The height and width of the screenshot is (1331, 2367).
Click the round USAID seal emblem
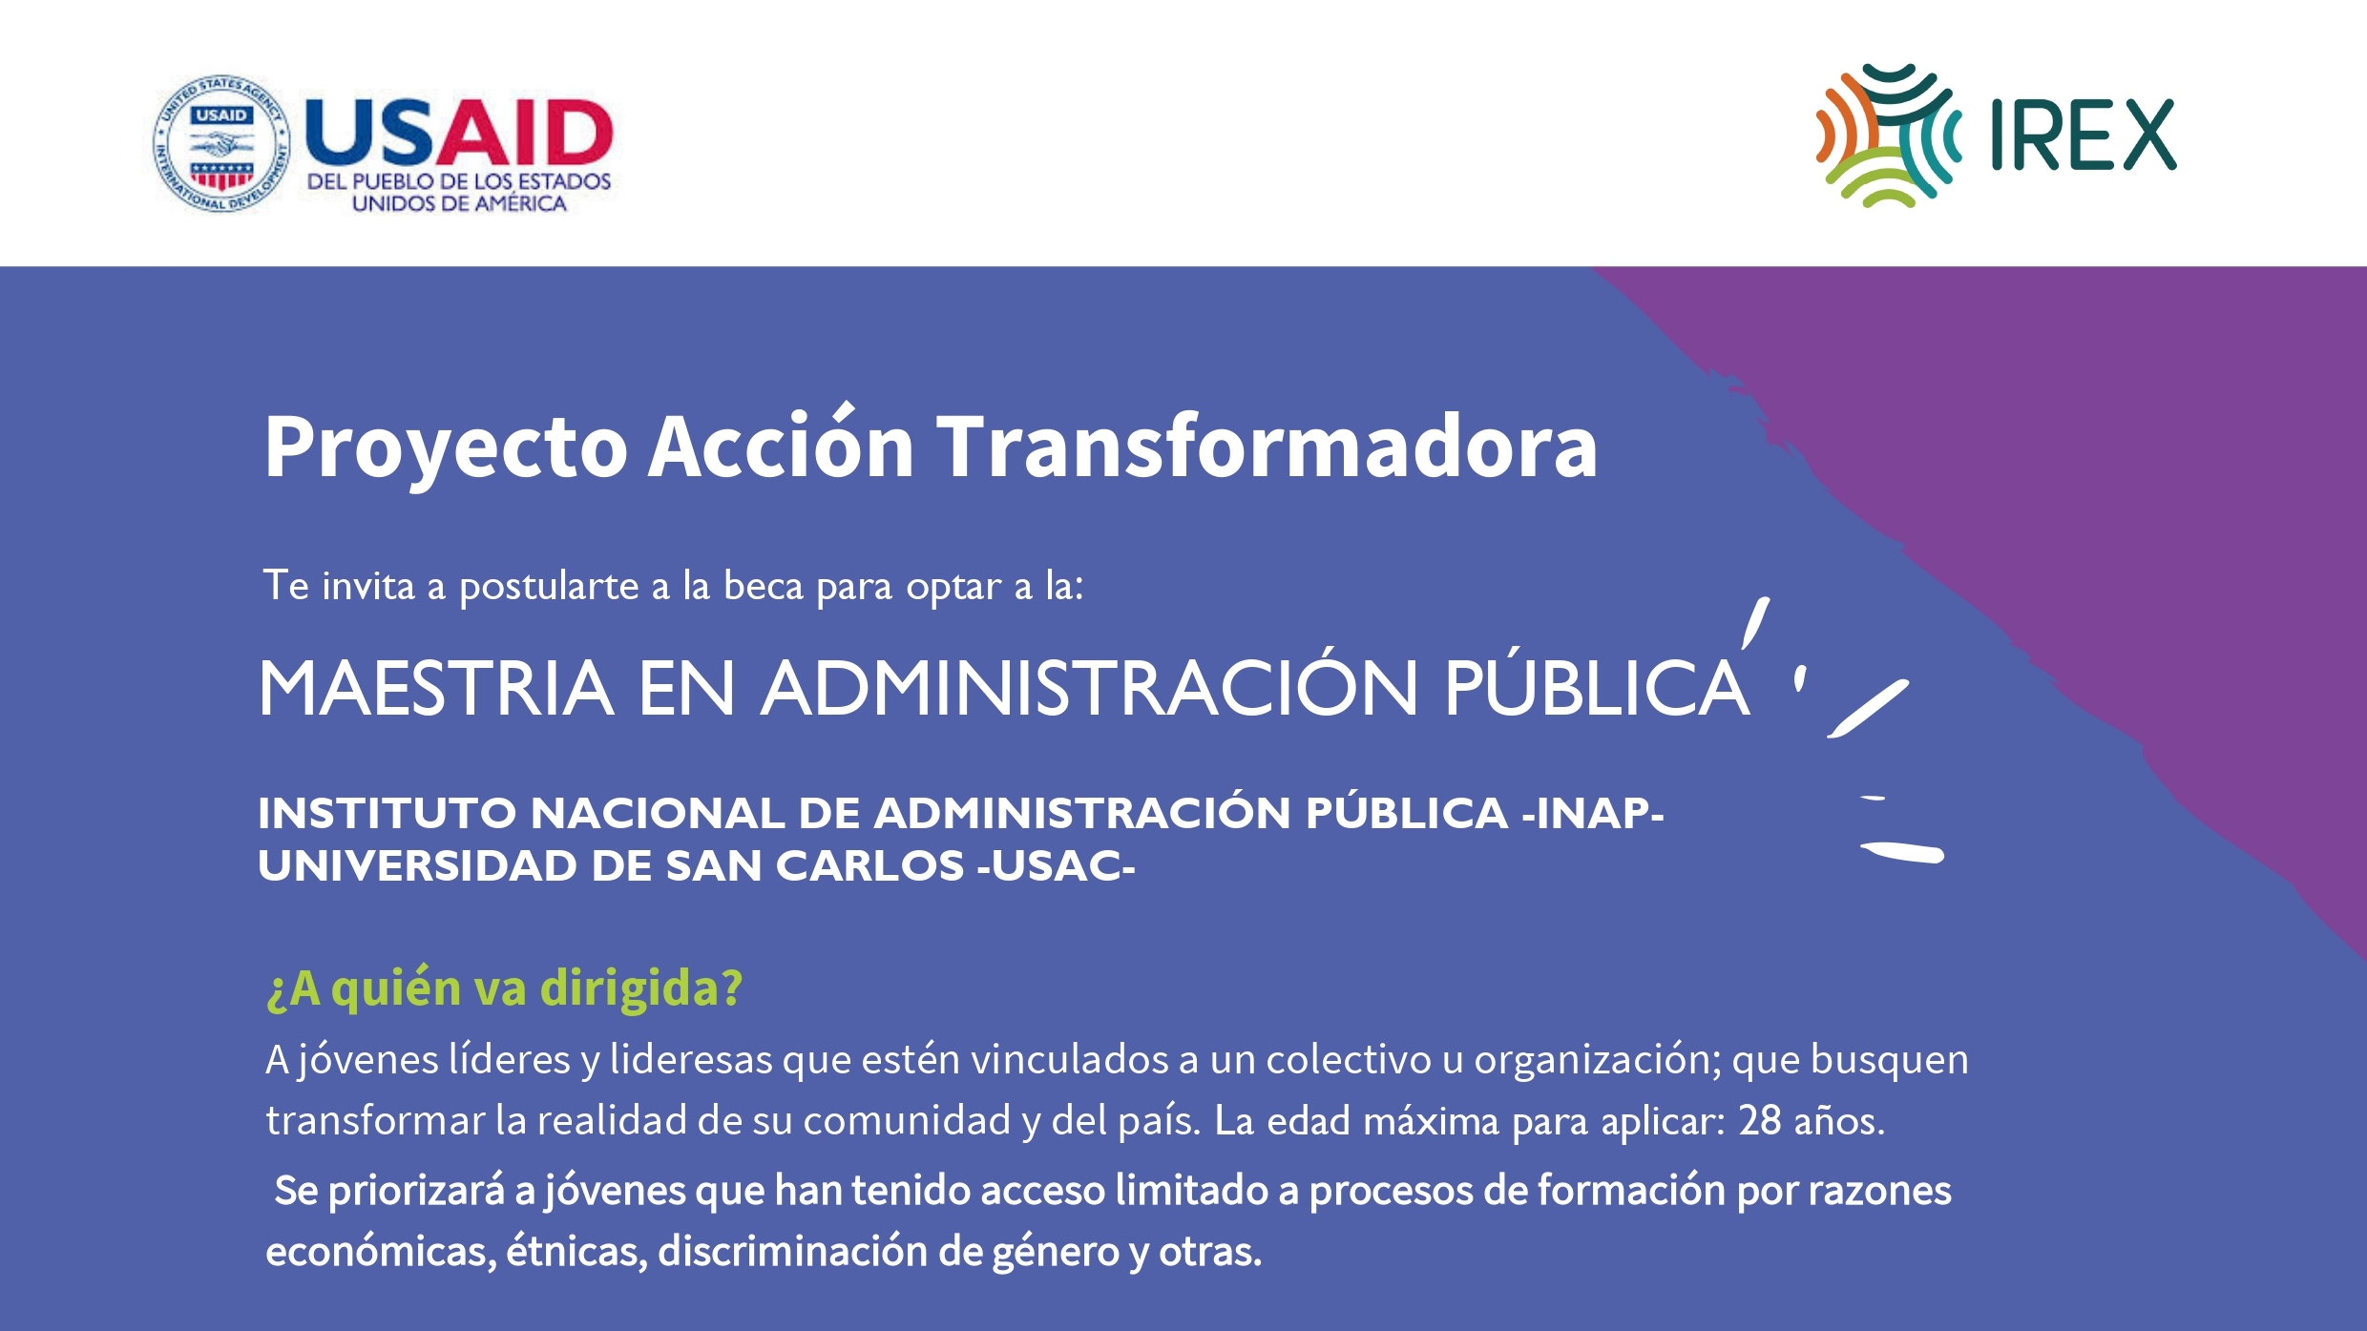(221, 143)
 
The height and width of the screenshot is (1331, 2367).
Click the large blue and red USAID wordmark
(458, 132)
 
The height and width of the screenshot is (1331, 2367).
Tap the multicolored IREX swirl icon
(1888, 135)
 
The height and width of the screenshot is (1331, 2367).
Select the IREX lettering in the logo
(2084, 135)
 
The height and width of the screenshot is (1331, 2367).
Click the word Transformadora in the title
(1267, 447)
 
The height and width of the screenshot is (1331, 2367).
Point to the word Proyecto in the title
(446, 448)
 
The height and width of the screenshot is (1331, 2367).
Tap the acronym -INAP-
(1593, 813)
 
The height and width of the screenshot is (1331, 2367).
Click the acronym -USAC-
(1057, 865)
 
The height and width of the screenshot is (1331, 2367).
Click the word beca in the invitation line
(764, 585)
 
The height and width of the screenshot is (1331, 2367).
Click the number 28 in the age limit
(1760, 1120)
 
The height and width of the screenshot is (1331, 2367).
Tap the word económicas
(381, 1251)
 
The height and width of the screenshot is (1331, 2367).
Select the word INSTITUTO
(388, 813)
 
